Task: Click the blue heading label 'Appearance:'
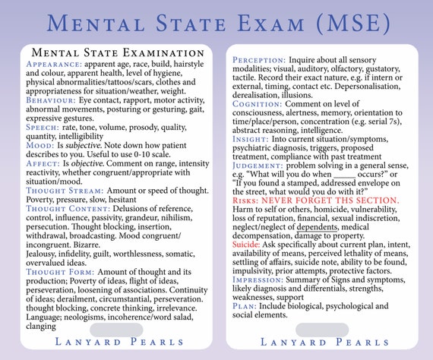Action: [50, 65]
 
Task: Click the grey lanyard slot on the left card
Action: [115, 330]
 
